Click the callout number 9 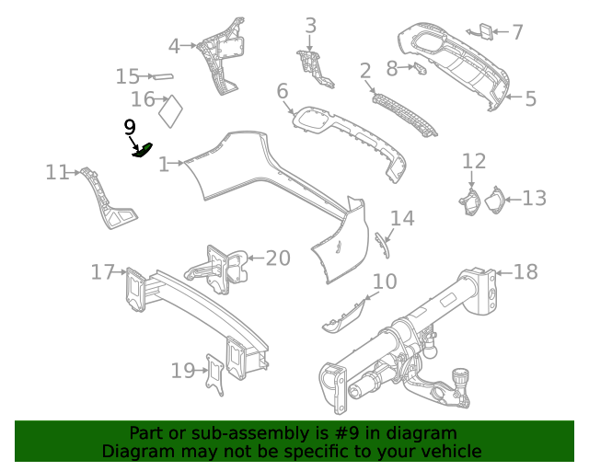pyautogui.click(x=130, y=127)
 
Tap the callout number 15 pyautogui.click(x=128, y=76)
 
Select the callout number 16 pyautogui.click(x=143, y=99)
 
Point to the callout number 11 pyautogui.click(x=57, y=171)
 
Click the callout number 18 pyautogui.click(x=525, y=271)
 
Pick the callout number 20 pyautogui.click(x=278, y=258)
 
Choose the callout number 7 pyautogui.click(x=517, y=32)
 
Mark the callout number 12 pyautogui.click(x=474, y=162)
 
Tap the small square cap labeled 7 pyautogui.click(x=481, y=32)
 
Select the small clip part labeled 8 pyautogui.click(x=420, y=67)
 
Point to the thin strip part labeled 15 pyautogui.click(x=163, y=76)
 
